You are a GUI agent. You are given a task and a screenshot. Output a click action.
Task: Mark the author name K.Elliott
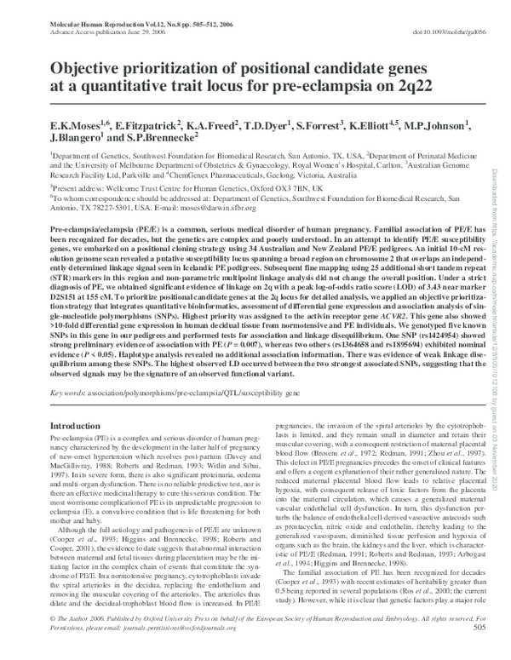pos(358,124)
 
